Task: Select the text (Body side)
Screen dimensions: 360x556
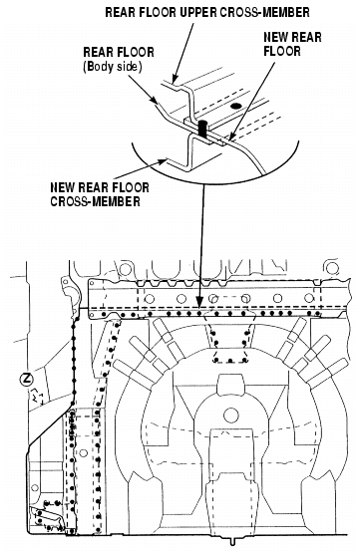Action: coord(113,67)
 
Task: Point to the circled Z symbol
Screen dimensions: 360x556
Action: coord(26,380)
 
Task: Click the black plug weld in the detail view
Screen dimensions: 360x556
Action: coord(202,130)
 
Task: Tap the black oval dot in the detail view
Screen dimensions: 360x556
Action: coord(234,106)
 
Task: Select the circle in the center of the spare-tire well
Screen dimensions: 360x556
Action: coord(230,414)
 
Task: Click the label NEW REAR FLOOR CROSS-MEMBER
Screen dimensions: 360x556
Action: coord(100,194)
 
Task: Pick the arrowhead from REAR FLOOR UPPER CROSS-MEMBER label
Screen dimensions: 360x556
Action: coord(175,80)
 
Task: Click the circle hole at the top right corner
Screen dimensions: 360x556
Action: coord(331,268)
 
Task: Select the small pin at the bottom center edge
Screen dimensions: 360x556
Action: coord(232,542)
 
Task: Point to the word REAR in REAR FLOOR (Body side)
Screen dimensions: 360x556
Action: coord(96,52)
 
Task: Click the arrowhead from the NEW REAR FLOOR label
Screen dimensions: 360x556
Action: coord(231,137)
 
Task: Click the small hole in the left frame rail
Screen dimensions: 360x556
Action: coord(84,452)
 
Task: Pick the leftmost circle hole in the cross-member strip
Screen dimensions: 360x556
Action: coord(150,299)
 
